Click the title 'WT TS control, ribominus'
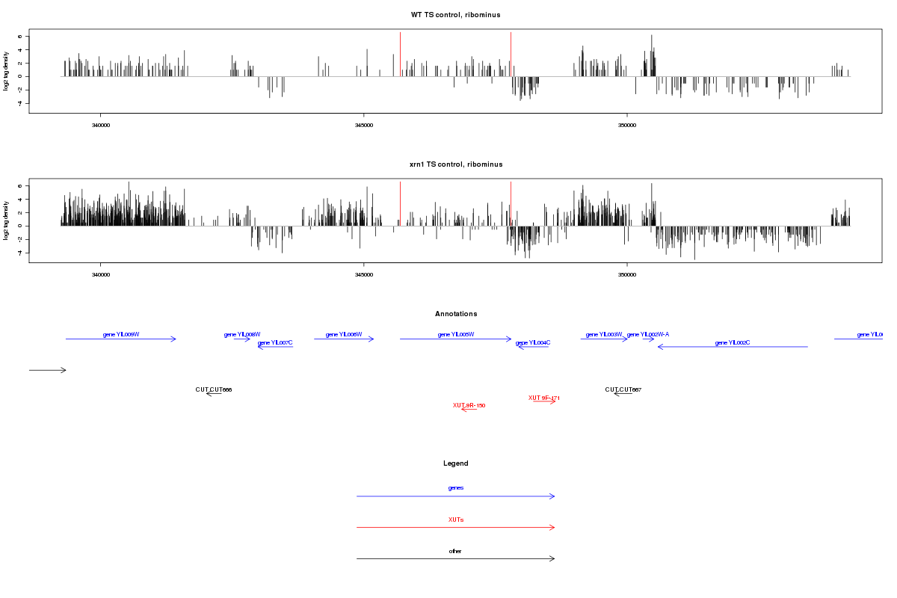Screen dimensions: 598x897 tap(456, 15)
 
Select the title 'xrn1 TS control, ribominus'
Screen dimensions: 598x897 tap(456, 164)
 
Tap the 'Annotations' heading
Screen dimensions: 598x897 tap(456, 314)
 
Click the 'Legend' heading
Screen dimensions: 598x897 tap(456, 463)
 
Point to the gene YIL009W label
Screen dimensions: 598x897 tap(121, 334)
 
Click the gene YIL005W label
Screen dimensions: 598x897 tap(456, 334)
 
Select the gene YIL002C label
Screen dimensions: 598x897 tap(733, 342)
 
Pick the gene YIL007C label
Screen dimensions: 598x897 tap(275, 342)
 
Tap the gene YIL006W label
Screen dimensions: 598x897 tap(344, 334)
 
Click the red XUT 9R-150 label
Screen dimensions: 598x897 tap(469, 405)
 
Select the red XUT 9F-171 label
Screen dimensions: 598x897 tap(544, 398)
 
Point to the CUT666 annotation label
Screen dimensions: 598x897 tap(214, 389)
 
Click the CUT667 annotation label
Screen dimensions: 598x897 tap(623, 389)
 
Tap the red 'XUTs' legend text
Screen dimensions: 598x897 tap(456, 520)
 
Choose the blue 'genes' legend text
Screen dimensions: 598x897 tap(456, 488)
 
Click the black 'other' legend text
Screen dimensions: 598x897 tap(456, 551)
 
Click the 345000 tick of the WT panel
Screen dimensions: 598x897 tap(363, 126)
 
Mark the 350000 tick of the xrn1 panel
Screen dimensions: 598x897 tap(626, 275)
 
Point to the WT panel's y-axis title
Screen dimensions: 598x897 tap(7, 71)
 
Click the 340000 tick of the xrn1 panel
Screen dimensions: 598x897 tap(100, 275)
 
